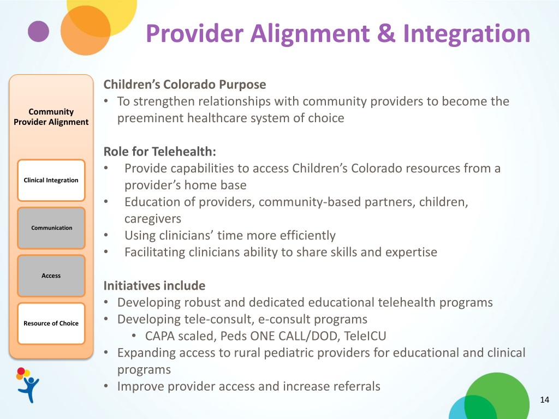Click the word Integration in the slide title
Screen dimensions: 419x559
point(467,33)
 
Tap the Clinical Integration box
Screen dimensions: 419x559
point(51,180)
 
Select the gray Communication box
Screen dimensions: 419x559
point(51,228)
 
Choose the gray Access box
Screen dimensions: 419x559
point(51,276)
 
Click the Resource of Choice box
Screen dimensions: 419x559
point(51,324)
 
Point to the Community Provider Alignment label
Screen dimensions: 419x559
point(51,117)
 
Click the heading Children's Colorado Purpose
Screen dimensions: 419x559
point(185,85)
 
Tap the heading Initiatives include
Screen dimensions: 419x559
point(154,285)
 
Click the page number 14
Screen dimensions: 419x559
point(544,400)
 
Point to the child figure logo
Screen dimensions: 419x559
point(27,385)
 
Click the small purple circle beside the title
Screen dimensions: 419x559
point(38,31)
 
